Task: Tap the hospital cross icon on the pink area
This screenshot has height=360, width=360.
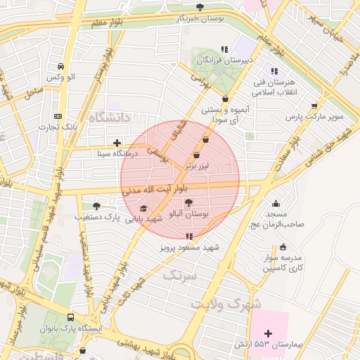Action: (x=268, y=333)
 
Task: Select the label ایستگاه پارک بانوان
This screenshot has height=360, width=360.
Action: (x=70, y=329)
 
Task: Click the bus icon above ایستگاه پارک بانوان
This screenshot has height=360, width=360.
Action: (x=70, y=318)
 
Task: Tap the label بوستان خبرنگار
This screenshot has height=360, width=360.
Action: (x=200, y=18)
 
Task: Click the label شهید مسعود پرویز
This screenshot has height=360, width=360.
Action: (x=188, y=247)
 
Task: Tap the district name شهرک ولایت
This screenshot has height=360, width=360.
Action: (x=225, y=304)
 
